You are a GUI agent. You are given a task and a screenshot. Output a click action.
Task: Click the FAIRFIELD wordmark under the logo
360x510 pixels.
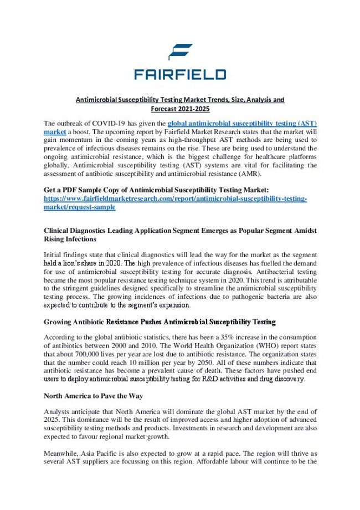tap(180, 74)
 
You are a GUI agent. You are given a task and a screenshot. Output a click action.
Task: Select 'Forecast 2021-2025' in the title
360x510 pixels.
tap(179, 109)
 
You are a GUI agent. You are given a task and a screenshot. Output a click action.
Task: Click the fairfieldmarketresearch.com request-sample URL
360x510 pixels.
tap(174, 198)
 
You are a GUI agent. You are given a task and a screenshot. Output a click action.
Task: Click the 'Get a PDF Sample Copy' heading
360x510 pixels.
tap(156, 190)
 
